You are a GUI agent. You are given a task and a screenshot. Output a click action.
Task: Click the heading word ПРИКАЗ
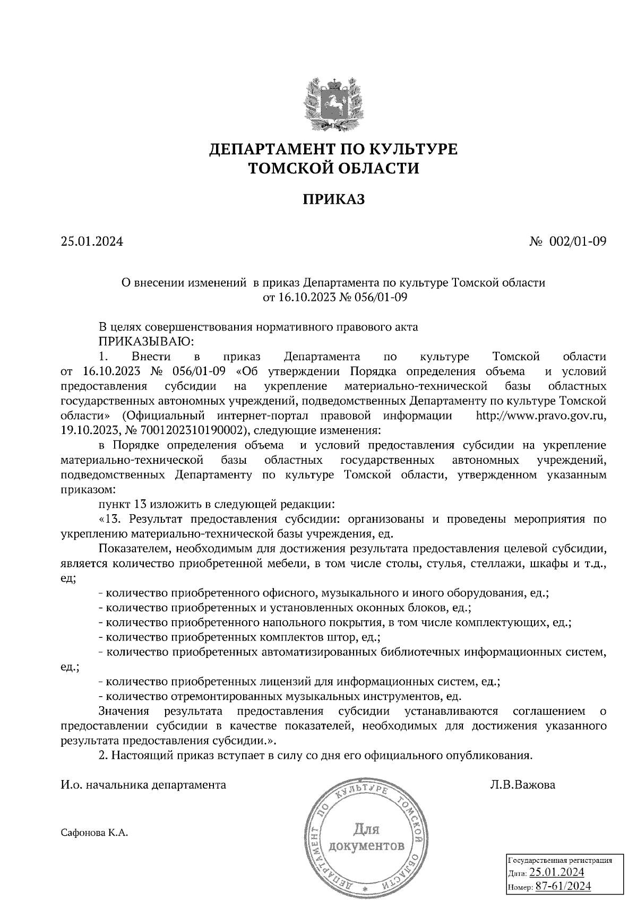coord(334,200)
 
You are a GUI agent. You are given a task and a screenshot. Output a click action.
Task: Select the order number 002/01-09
coord(578,242)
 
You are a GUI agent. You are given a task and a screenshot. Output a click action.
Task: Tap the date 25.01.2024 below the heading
coord(92,242)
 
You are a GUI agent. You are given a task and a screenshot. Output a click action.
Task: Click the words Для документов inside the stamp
coord(366,836)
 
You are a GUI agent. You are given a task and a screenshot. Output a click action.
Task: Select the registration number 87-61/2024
coord(563,886)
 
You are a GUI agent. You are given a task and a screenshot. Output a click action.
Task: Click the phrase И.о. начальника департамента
coord(144,784)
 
